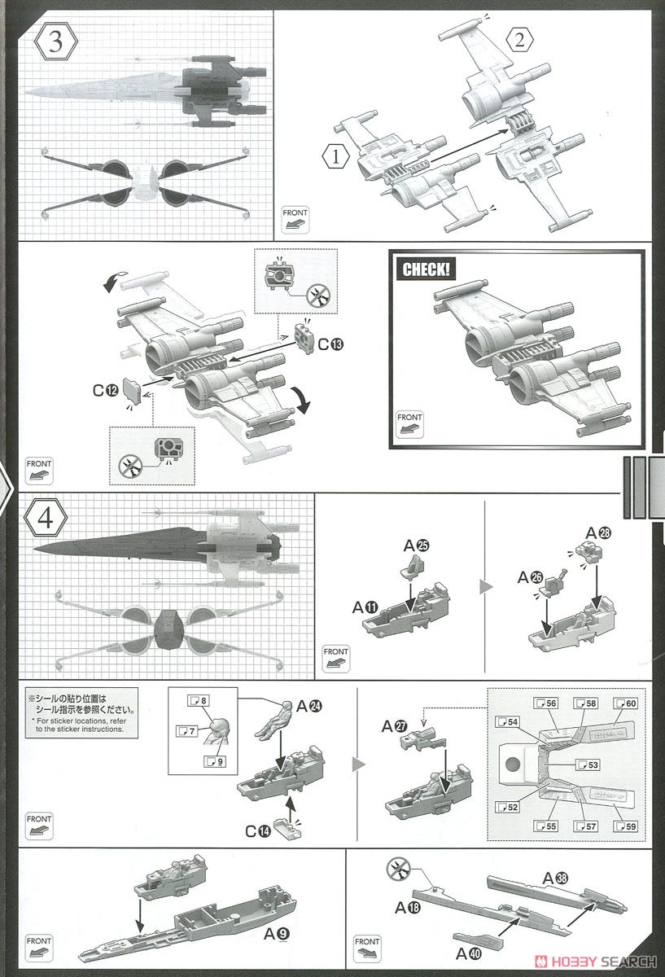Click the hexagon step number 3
[x=55, y=42]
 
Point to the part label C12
[x=105, y=390]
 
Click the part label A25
[x=413, y=545]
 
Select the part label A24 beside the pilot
[x=309, y=706]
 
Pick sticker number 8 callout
[x=199, y=700]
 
